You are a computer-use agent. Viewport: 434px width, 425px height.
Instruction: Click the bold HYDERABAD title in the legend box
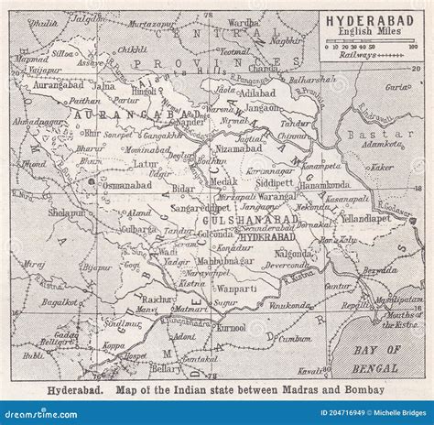click(x=370, y=19)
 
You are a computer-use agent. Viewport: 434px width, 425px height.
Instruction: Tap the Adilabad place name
click(x=256, y=93)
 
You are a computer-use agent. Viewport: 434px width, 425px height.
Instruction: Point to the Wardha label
click(x=267, y=18)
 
